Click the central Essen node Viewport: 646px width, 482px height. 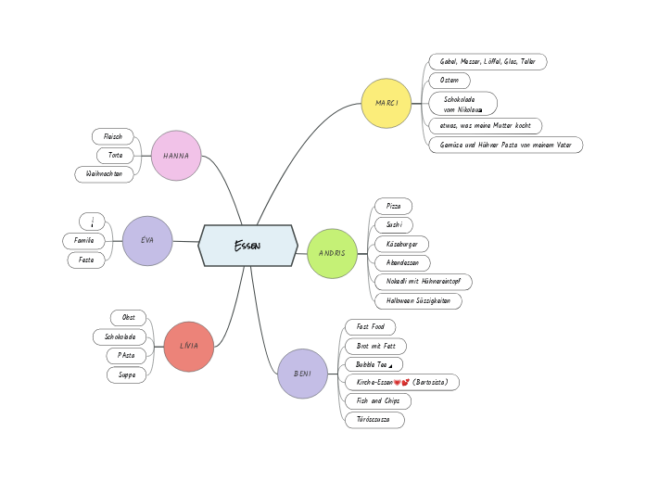point(247,246)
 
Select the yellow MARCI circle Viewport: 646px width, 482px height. point(386,103)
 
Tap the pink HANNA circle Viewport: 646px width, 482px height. point(176,156)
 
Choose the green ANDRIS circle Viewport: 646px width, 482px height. point(332,253)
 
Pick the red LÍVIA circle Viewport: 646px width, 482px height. point(188,346)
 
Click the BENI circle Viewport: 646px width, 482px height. point(302,374)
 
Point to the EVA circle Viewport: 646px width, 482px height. point(147,240)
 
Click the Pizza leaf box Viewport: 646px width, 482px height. point(393,206)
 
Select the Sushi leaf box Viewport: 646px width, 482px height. point(393,225)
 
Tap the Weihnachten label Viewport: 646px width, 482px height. point(104,174)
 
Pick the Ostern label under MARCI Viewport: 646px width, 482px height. point(450,81)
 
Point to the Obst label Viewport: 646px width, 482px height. point(128,318)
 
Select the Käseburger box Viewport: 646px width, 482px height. point(401,244)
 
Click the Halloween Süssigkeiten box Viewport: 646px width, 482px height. point(418,301)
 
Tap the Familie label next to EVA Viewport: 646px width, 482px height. point(83,241)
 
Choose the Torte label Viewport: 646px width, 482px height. point(115,156)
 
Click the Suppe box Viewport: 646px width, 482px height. point(126,375)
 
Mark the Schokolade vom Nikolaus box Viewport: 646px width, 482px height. point(462,104)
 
